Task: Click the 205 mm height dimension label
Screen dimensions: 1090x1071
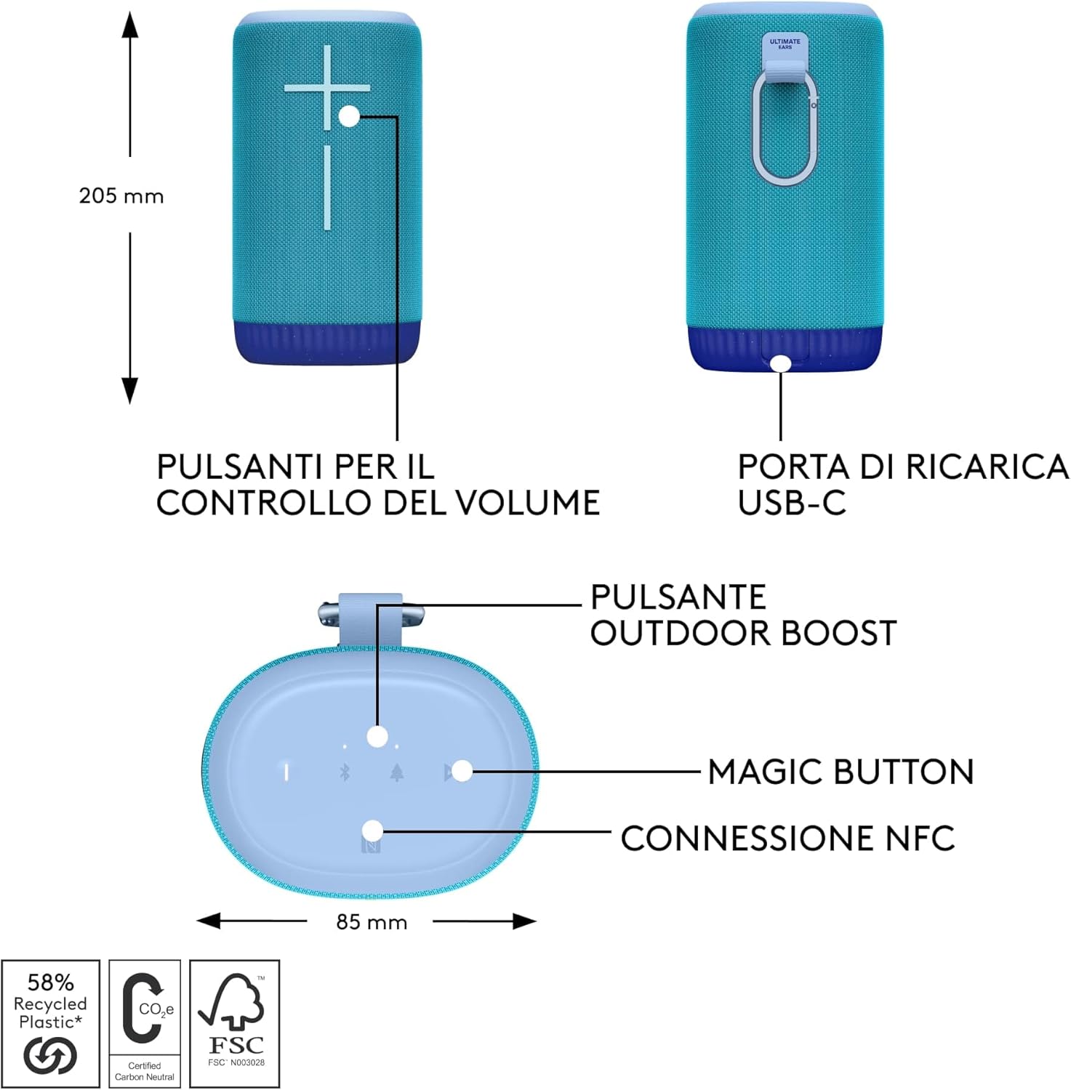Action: pos(121,196)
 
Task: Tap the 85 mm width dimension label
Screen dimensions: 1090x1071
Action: pos(371,922)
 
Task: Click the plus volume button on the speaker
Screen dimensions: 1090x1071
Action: pos(327,88)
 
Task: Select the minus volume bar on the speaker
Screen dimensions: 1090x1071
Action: pos(327,187)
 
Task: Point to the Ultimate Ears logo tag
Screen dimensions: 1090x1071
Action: pos(785,44)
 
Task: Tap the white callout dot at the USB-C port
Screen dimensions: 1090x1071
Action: pos(781,363)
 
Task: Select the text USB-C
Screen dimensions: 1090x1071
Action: pos(792,503)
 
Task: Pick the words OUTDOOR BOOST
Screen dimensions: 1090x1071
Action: pos(743,633)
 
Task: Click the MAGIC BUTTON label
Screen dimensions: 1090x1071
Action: pos(841,772)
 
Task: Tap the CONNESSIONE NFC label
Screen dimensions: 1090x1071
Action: pos(787,839)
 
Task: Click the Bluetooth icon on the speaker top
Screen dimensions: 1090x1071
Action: pos(345,772)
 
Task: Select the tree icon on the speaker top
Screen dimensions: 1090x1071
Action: pos(396,772)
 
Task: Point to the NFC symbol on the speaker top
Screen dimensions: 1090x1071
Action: pos(371,847)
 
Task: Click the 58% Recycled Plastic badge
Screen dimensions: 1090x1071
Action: pos(50,1023)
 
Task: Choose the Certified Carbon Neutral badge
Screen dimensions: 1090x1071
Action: pos(145,1023)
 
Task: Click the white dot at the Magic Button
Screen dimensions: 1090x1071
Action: pos(462,771)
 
